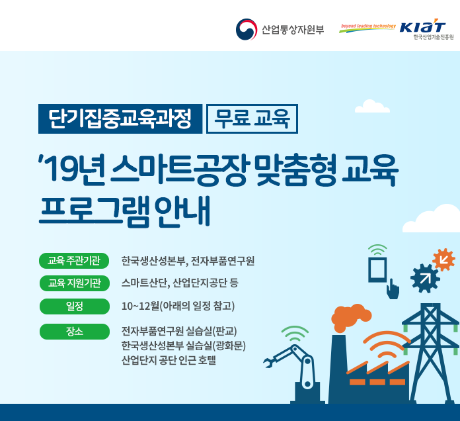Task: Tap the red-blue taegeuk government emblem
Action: tap(247, 29)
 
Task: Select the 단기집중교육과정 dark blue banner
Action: tap(120, 118)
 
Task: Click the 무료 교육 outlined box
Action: tap(252, 118)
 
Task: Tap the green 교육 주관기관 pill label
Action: tap(74, 261)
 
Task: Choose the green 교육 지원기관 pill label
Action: tap(75, 283)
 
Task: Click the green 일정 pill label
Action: tap(75, 306)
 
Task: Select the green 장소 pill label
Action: tap(75, 332)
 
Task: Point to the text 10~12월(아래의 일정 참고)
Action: tap(178, 306)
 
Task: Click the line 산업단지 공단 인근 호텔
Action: tap(169, 360)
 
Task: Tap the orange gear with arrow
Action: tap(444, 259)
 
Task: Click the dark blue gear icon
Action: tap(425, 278)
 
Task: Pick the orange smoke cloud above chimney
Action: tap(351, 318)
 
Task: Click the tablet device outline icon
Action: tap(378, 269)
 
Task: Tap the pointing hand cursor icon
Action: tap(393, 289)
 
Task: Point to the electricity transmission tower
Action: tap(430, 353)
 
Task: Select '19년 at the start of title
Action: tap(71, 170)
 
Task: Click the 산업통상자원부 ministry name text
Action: tap(293, 30)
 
